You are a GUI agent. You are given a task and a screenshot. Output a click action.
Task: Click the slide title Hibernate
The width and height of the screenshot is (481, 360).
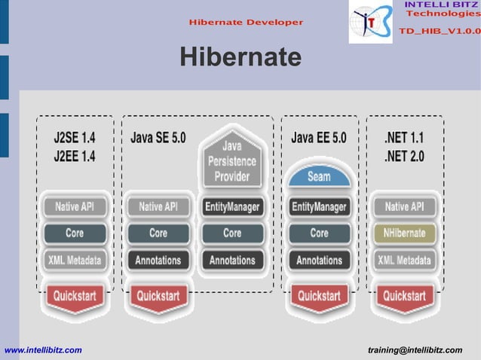tap(240, 57)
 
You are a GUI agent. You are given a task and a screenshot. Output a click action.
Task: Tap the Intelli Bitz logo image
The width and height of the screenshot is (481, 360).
tap(371, 23)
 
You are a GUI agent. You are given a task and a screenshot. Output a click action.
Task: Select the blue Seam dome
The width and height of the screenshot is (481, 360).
tap(319, 176)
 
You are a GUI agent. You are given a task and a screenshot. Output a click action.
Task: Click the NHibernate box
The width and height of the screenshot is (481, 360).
tap(404, 233)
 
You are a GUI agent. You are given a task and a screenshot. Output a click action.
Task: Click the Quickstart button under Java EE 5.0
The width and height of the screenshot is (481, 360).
tap(319, 296)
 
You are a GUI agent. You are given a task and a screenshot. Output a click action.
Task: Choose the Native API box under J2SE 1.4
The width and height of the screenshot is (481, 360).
tap(75, 206)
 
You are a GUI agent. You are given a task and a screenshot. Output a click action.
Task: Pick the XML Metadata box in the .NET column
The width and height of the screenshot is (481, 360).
tap(404, 261)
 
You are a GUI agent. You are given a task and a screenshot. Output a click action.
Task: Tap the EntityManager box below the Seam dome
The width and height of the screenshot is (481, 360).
tap(319, 206)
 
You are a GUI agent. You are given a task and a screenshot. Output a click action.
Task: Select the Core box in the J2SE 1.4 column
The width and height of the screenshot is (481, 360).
tap(75, 233)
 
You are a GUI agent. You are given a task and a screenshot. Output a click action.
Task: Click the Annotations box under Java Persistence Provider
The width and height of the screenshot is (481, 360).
tap(232, 261)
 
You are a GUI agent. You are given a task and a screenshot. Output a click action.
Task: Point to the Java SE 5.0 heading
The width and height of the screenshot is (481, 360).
tap(158, 139)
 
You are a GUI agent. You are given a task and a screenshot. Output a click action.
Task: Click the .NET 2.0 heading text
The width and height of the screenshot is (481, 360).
tap(404, 157)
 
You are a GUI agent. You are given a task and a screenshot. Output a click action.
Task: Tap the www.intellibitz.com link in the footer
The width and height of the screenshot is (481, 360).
tap(44, 350)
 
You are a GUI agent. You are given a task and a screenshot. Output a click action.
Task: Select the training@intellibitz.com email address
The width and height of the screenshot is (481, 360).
tap(415, 350)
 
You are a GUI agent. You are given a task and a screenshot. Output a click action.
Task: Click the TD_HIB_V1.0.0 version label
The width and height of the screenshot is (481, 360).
tap(439, 31)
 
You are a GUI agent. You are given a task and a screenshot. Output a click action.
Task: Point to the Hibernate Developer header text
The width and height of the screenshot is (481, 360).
tap(247, 22)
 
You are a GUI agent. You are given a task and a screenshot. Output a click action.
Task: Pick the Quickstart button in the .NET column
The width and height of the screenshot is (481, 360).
tap(404, 296)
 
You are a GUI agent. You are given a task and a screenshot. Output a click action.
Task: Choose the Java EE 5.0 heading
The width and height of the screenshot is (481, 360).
tap(319, 139)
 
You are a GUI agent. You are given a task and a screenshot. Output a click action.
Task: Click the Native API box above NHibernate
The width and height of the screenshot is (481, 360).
tap(404, 206)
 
